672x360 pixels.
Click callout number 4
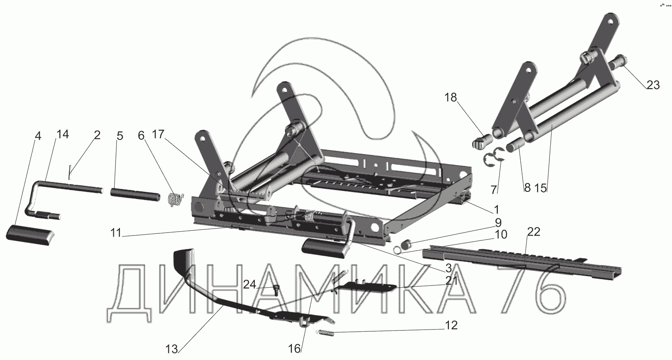38,136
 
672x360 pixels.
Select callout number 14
63,135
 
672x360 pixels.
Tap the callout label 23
653,85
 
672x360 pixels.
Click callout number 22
533,232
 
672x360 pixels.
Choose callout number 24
250,285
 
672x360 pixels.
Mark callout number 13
172,349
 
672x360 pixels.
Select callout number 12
451,326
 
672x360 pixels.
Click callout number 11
115,234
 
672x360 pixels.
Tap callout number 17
161,135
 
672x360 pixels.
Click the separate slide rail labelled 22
520,262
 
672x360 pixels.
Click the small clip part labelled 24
277,289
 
